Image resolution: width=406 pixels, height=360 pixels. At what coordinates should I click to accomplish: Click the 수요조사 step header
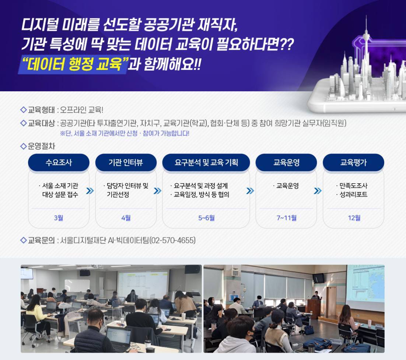(59, 162)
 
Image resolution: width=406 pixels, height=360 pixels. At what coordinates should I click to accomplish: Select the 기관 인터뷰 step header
(126, 162)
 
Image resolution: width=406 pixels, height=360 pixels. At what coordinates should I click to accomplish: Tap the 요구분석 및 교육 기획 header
(206, 162)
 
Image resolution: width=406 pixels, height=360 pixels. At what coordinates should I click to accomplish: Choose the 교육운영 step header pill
(286, 162)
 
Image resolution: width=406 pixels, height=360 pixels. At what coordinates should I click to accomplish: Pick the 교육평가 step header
(353, 162)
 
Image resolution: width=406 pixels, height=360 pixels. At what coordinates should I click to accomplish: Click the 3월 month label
(59, 218)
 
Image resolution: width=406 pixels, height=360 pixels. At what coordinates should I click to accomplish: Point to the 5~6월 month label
(206, 218)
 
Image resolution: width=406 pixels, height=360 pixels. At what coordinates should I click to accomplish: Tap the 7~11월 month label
(286, 218)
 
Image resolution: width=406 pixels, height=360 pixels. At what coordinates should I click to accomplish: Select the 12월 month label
(354, 218)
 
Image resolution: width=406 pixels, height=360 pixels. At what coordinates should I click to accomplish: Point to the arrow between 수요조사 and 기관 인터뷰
(90, 191)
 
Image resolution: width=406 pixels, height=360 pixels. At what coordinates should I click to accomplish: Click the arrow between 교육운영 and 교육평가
(318, 191)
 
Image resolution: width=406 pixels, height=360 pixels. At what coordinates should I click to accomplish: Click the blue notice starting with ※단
(125, 134)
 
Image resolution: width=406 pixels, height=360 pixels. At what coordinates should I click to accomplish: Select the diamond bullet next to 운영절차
(23, 146)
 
